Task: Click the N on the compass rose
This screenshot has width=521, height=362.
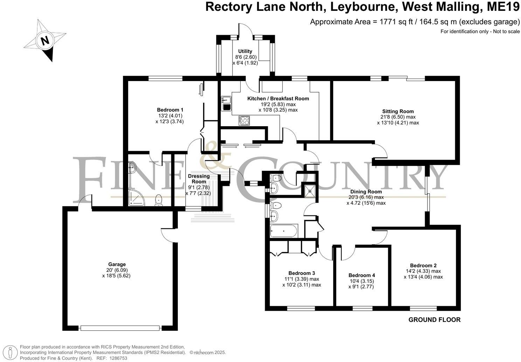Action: [45, 41]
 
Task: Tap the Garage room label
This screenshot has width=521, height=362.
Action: [117, 264]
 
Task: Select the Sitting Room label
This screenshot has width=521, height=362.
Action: [398, 111]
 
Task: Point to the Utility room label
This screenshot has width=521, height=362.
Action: [245, 51]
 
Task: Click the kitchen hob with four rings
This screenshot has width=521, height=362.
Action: [244, 120]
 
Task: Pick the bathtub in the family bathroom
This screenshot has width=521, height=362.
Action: [284, 230]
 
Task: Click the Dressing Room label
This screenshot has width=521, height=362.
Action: [199, 179]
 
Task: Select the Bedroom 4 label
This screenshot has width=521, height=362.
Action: [362, 275]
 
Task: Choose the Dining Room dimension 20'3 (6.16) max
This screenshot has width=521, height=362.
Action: [366, 197]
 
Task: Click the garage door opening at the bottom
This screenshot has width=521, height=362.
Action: [120, 328]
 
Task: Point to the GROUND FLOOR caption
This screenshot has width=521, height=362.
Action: [435, 320]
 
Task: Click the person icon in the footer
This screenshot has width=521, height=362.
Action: [10, 353]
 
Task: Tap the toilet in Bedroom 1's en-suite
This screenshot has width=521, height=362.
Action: [159, 200]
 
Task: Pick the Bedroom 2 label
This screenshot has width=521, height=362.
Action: [423, 265]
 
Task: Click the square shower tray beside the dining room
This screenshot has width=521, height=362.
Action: [310, 191]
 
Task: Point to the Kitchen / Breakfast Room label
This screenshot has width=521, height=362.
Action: [278, 99]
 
